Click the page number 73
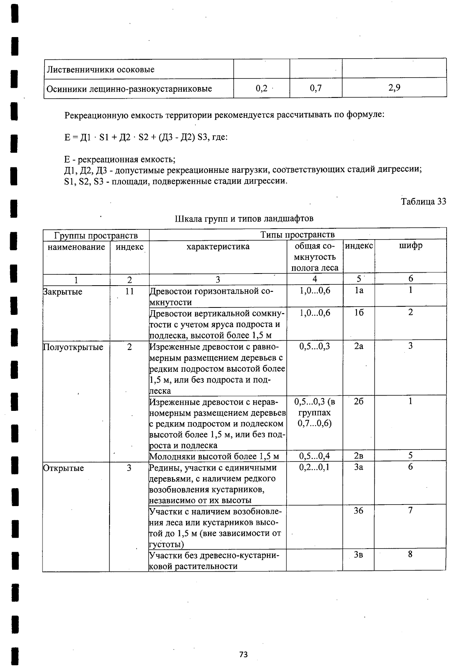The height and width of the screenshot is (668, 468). click(x=243, y=654)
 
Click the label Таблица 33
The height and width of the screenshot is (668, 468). click(x=424, y=201)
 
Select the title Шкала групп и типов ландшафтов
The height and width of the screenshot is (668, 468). click(x=244, y=219)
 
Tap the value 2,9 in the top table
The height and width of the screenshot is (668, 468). click(x=394, y=88)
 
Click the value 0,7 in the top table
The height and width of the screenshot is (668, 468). click(x=316, y=88)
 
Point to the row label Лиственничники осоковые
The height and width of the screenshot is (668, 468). click(x=101, y=69)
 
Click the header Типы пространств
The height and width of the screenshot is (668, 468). click(x=297, y=235)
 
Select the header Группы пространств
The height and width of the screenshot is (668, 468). click(x=96, y=235)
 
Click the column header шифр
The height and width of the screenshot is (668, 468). click(x=411, y=246)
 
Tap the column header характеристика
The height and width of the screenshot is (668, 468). click(x=218, y=247)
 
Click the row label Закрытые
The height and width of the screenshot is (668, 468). click(x=63, y=292)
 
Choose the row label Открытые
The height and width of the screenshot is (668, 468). click(x=64, y=468)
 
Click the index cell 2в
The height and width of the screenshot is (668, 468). click(x=358, y=456)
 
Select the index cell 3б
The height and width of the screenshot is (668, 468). click(x=358, y=510)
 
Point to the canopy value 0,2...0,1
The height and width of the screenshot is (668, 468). click(x=314, y=467)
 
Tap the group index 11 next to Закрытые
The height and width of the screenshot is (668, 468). click(x=129, y=291)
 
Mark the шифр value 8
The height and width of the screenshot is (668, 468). click(x=410, y=554)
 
